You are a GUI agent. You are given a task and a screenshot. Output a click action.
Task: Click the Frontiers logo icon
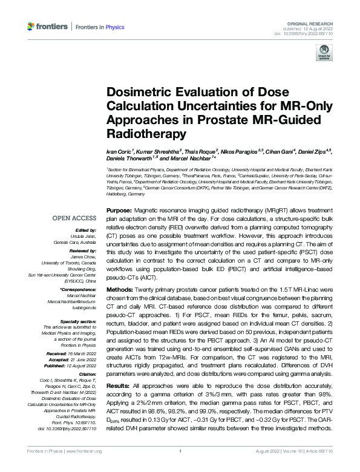click(30, 26)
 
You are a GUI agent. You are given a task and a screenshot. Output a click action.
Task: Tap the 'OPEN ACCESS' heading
click(74, 217)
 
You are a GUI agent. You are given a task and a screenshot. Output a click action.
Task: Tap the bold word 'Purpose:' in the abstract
click(119, 208)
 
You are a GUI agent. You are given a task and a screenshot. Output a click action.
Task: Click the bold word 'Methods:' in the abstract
click(120, 289)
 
